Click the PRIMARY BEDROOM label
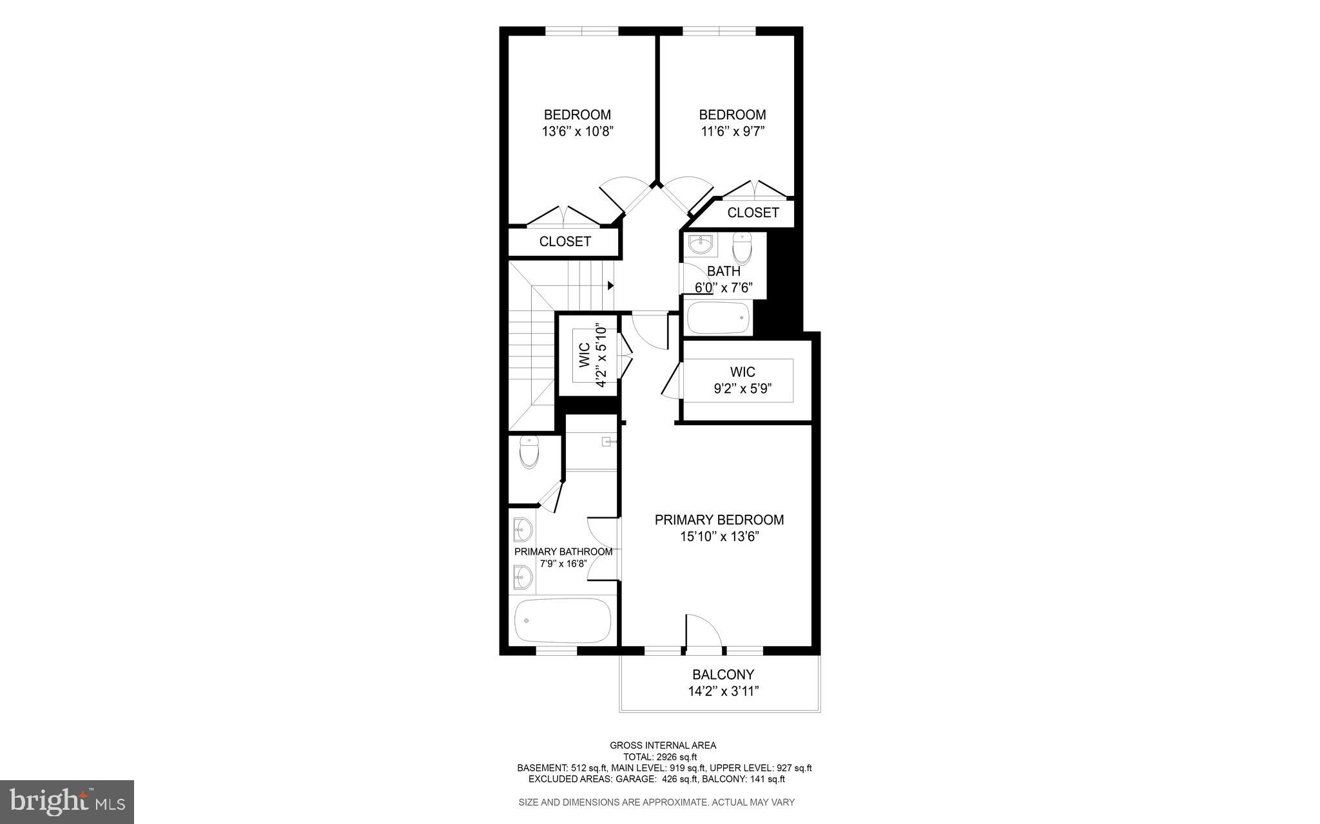tap(719, 520)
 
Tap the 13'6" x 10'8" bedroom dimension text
tap(577, 132)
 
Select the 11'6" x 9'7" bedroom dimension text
tap(732, 132)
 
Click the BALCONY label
tap(723, 675)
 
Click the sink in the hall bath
tap(699, 245)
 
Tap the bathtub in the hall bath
tap(718, 318)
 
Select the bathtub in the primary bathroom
tap(563, 620)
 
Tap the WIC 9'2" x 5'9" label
tap(742, 380)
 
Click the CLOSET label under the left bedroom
tap(565, 242)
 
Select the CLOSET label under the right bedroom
tap(753, 213)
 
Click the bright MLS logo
tap(67, 801)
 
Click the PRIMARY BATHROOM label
tap(563, 552)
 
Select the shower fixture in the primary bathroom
tap(607, 442)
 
